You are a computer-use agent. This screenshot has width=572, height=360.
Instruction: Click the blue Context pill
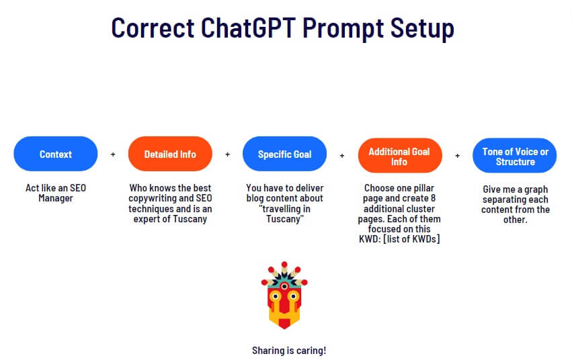pyautogui.click(x=55, y=154)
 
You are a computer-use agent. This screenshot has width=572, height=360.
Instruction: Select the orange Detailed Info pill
pyautogui.click(x=170, y=154)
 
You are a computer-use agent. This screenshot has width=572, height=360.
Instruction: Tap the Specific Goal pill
pyautogui.click(x=284, y=154)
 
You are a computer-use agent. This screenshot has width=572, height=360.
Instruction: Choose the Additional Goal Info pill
pyautogui.click(x=400, y=156)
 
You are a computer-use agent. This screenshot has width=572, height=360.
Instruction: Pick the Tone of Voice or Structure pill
pyautogui.click(x=515, y=156)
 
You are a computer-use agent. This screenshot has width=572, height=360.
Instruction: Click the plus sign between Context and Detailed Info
pyautogui.click(x=113, y=154)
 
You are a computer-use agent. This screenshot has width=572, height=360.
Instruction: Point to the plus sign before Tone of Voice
pyautogui.click(x=458, y=156)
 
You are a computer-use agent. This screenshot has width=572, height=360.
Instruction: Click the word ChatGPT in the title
pyautogui.click(x=248, y=28)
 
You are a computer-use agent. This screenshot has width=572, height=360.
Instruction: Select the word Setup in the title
pyautogui.click(x=422, y=29)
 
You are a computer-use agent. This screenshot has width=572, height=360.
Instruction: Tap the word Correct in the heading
pyautogui.click(x=153, y=28)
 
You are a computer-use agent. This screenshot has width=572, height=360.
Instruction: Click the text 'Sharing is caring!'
pyautogui.click(x=289, y=351)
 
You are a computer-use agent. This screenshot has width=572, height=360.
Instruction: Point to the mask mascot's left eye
pyautogui.click(x=276, y=296)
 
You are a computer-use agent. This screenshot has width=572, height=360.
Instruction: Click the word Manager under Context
pyautogui.click(x=56, y=199)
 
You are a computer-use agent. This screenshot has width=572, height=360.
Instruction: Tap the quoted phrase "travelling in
pyautogui.click(x=284, y=209)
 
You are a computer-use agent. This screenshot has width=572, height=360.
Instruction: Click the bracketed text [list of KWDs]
pyautogui.click(x=411, y=239)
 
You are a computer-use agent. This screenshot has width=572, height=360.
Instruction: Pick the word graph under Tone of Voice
pyautogui.click(x=536, y=190)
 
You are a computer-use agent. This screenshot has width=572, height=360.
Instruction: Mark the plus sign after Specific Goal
pyautogui.click(x=342, y=156)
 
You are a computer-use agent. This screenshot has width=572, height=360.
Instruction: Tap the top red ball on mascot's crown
pyautogui.click(x=284, y=265)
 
